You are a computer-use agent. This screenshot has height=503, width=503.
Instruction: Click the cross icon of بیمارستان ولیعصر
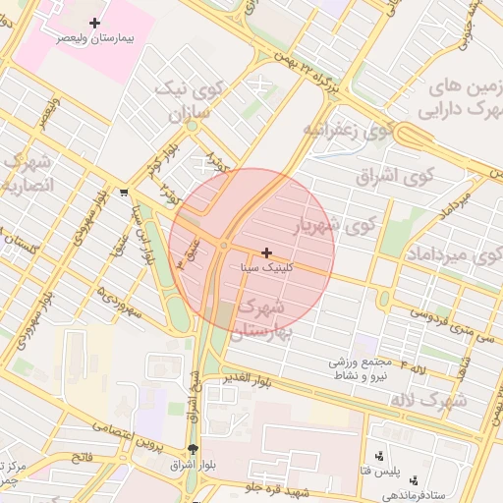point(94,23)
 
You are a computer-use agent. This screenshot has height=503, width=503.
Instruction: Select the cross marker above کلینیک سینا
point(266,252)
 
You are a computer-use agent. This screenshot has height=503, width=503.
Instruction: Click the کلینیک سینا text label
point(266,267)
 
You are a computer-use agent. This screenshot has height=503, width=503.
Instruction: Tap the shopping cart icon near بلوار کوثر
point(124,193)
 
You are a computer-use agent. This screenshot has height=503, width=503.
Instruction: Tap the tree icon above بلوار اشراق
point(192,449)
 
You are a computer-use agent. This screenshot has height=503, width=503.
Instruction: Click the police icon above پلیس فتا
point(380,455)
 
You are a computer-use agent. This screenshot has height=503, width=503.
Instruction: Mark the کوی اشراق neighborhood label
point(404,178)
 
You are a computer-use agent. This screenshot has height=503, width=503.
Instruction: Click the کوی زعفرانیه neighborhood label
point(348,130)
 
